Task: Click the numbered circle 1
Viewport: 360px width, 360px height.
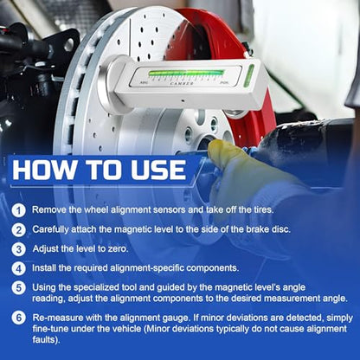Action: point(19,210)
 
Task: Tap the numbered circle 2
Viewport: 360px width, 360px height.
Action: point(19,230)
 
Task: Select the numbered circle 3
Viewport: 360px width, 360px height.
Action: point(19,249)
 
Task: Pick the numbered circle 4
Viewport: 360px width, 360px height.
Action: point(19,268)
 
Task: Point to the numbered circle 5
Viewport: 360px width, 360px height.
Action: point(19,288)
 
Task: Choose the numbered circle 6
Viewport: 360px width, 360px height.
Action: point(19,318)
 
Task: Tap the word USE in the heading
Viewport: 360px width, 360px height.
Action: point(158,170)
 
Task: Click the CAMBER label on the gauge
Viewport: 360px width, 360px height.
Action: point(182,83)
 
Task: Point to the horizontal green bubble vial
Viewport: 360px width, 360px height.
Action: point(186,73)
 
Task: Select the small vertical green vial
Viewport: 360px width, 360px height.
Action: point(248,75)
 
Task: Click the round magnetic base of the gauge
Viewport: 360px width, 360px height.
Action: point(108,86)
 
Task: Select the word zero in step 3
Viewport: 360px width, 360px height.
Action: point(118,248)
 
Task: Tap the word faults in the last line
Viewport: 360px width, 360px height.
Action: point(46,339)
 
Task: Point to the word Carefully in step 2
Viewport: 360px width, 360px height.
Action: point(51,229)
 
